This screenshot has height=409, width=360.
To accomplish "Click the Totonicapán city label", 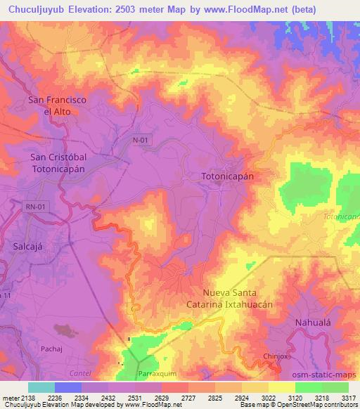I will click(227, 177).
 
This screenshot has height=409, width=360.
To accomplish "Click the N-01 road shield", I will click(141, 141).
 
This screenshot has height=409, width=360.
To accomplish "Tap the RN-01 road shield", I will click(36, 206).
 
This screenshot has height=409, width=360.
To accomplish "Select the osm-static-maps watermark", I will click(324, 374).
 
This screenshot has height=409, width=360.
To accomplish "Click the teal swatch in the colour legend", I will click(41, 387).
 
